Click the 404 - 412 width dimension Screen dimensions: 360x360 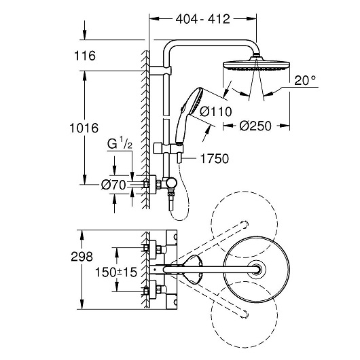point(202,19)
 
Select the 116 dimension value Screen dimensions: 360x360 point(85,56)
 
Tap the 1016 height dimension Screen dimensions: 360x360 point(84,128)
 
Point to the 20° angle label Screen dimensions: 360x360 point(305,80)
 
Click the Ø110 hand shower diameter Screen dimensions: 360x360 point(216,112)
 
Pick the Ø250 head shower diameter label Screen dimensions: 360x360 point(255,126)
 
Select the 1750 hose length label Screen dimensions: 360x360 point(215,159)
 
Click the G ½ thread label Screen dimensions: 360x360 point(120,144)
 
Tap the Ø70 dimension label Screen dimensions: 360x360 point(113,185)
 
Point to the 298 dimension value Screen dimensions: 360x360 point(82,257)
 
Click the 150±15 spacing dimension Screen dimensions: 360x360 point(116,272)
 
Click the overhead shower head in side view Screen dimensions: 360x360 point(257,65)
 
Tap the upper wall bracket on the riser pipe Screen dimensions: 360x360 point(161,71)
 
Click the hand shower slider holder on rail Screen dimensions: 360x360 point(168,148)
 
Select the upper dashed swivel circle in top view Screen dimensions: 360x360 point(245,192)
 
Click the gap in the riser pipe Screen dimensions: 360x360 point(166,117)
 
